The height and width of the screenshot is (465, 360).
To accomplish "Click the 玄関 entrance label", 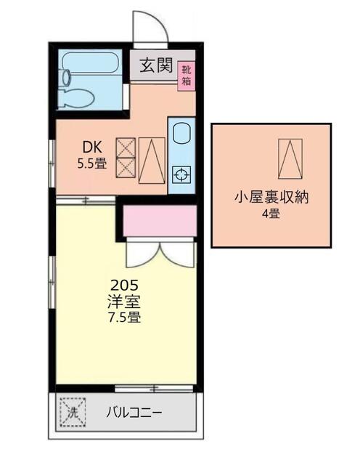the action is tap(156, 65).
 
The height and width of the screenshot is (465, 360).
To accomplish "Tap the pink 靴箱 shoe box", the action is tap(187, 76).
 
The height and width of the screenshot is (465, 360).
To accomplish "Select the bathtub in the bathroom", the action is tap(90, 62).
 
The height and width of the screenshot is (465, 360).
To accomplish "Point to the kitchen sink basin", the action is tap(181, 134).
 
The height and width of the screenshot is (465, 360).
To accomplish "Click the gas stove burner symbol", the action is tap(181, 174).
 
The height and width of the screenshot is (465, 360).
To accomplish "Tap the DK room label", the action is tap(92, 147).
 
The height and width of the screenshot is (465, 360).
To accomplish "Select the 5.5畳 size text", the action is tap(92, 163).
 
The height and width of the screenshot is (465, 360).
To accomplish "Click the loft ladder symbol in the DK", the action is tap(152, 161).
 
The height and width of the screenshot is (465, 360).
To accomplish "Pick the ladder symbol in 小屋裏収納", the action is tap(290, 159).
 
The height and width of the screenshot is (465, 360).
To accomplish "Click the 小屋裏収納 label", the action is tap(271, 198).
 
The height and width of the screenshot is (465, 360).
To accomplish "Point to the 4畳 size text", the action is tap(271, 213).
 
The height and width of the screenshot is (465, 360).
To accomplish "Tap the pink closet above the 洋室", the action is tap(160, 221).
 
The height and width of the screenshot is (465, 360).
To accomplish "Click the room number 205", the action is tap(124, 286).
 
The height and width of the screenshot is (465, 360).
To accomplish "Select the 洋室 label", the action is tap(124, 302).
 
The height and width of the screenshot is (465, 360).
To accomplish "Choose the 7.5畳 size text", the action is tap(124, 318).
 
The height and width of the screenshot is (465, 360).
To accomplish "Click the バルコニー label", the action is tap(134, 412).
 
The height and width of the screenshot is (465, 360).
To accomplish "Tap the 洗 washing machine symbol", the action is tap(73, 412).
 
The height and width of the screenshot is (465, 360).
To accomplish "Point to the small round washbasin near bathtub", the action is tap(67, 76).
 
